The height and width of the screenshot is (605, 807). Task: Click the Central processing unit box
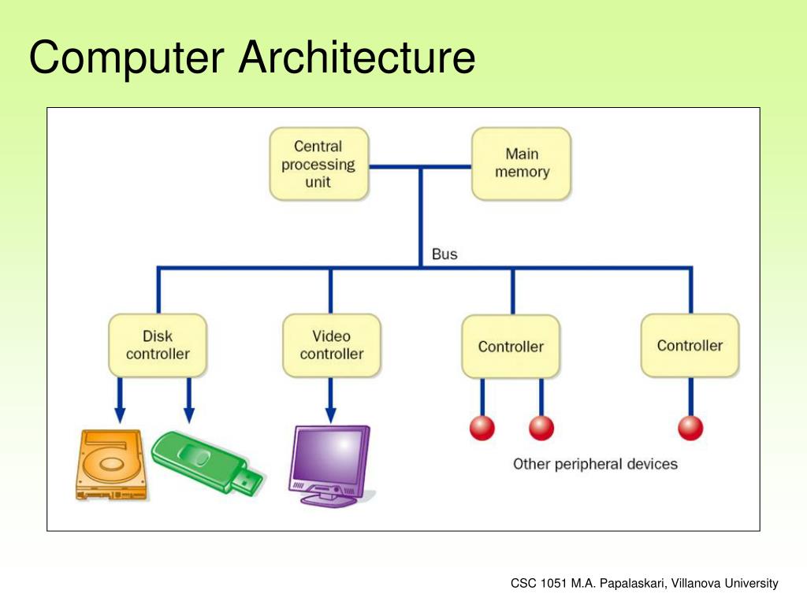pos(319,164)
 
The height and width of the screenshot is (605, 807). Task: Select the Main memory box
pos(522,164)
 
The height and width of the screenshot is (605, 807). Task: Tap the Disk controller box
pos(158,345)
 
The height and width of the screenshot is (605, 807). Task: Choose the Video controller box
pos(332,345)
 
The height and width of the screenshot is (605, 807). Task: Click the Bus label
pos(444,254)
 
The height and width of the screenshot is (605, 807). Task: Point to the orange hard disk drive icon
pos(111,465)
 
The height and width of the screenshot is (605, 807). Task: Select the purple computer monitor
pos(330,466)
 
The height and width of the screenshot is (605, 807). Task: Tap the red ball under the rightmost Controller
pos(690,428)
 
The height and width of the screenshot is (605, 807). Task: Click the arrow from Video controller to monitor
pos(330,400)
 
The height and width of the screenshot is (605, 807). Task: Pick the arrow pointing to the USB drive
pos(189,400)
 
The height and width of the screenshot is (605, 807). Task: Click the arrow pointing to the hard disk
pos(120,400)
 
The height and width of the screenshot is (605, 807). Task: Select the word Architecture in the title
pos(357,57)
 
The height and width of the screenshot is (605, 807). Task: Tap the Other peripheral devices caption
pos(595,464)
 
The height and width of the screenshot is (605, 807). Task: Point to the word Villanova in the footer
pos(696,584)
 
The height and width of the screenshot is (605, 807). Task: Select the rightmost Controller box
pos(690,345)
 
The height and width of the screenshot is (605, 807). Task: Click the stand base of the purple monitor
pos(329,499)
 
